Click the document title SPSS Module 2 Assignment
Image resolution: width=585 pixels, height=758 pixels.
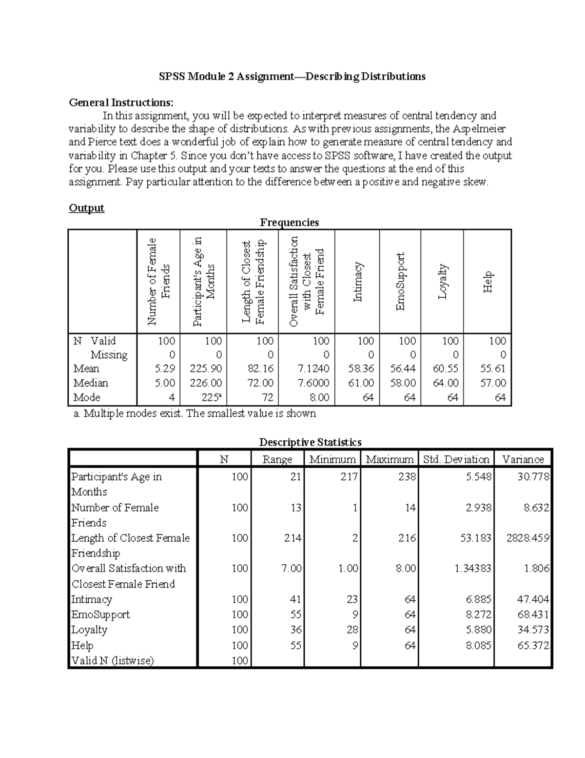click(292, 77)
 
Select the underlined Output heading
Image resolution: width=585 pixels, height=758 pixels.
click(86, 208)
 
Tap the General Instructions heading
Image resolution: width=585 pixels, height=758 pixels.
click(120, 102)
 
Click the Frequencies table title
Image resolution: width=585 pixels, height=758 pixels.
click(289, 223)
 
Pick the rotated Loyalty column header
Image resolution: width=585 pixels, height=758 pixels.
click(442, 282)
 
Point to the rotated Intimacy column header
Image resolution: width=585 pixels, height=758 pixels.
click(357, 282)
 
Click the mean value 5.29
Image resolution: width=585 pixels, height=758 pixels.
click(165, 369)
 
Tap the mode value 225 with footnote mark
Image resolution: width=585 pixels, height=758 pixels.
click(212, 397)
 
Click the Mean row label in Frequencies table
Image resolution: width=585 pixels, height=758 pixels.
click(86, 369)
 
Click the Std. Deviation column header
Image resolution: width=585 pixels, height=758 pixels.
click(456, 459)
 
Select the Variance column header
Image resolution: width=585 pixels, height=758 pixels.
click(523, 459)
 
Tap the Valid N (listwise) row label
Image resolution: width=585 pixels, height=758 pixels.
click(112, 660)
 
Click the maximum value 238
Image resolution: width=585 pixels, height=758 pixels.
click(406, 477)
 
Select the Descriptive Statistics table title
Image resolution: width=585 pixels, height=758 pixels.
click(310, 442)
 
